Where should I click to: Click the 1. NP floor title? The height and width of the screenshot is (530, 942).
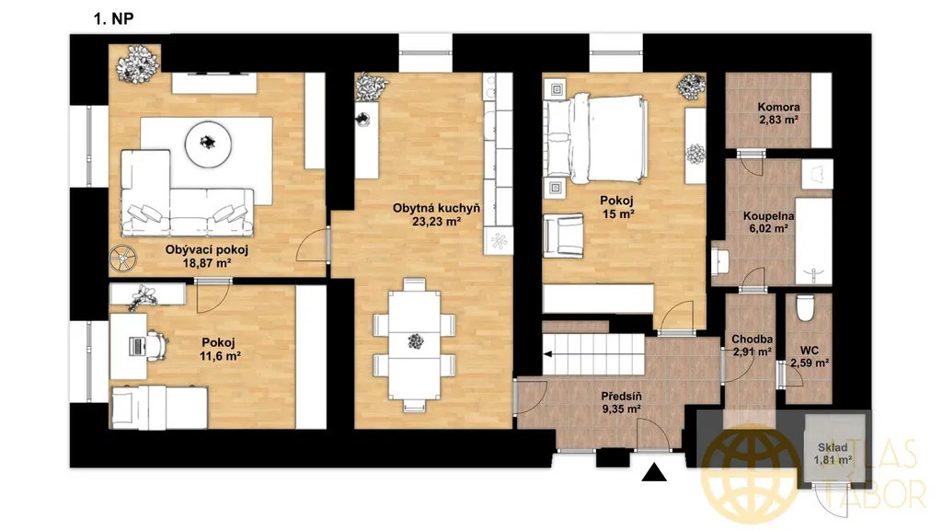click(113, 18)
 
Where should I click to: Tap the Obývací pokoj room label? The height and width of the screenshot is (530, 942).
click(207, 249)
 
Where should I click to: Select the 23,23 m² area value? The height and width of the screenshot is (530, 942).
click(437, 222)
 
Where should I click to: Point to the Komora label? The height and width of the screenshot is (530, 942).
click(778, 107)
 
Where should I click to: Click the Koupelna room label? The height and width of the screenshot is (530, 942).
click(768, 215)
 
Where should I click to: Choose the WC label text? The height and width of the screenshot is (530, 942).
click(810, 351)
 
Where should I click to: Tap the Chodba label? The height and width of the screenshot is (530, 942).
click(752, 340)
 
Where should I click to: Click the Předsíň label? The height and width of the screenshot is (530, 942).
click(621, 397)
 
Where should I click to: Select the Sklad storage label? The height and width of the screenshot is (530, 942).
click(833, 447)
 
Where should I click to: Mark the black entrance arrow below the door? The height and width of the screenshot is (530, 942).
click(654, 473)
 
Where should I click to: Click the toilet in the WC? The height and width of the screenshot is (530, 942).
click(804, 307)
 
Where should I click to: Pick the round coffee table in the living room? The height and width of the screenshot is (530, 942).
click(209, 143)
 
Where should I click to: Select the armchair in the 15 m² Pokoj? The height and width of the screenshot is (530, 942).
click(563, 235)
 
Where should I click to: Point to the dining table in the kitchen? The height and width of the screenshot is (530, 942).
click(415, 345)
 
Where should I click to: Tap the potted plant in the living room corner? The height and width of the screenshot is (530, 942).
click(138, 63)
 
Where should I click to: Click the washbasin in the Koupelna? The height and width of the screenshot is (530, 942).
click(719, 261)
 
